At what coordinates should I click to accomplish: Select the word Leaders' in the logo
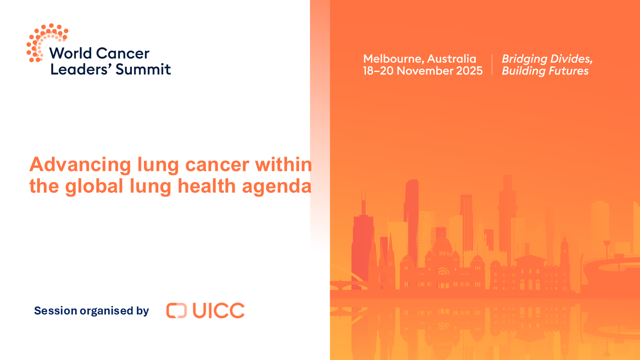coord(81,69)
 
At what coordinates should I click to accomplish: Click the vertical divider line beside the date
coord(492,65)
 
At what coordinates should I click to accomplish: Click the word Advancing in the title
coord(79,164)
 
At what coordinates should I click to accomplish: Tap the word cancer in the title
coord(219,164)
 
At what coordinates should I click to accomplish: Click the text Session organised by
coord(91,310)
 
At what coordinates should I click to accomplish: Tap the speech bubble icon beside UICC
coord(176,310)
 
